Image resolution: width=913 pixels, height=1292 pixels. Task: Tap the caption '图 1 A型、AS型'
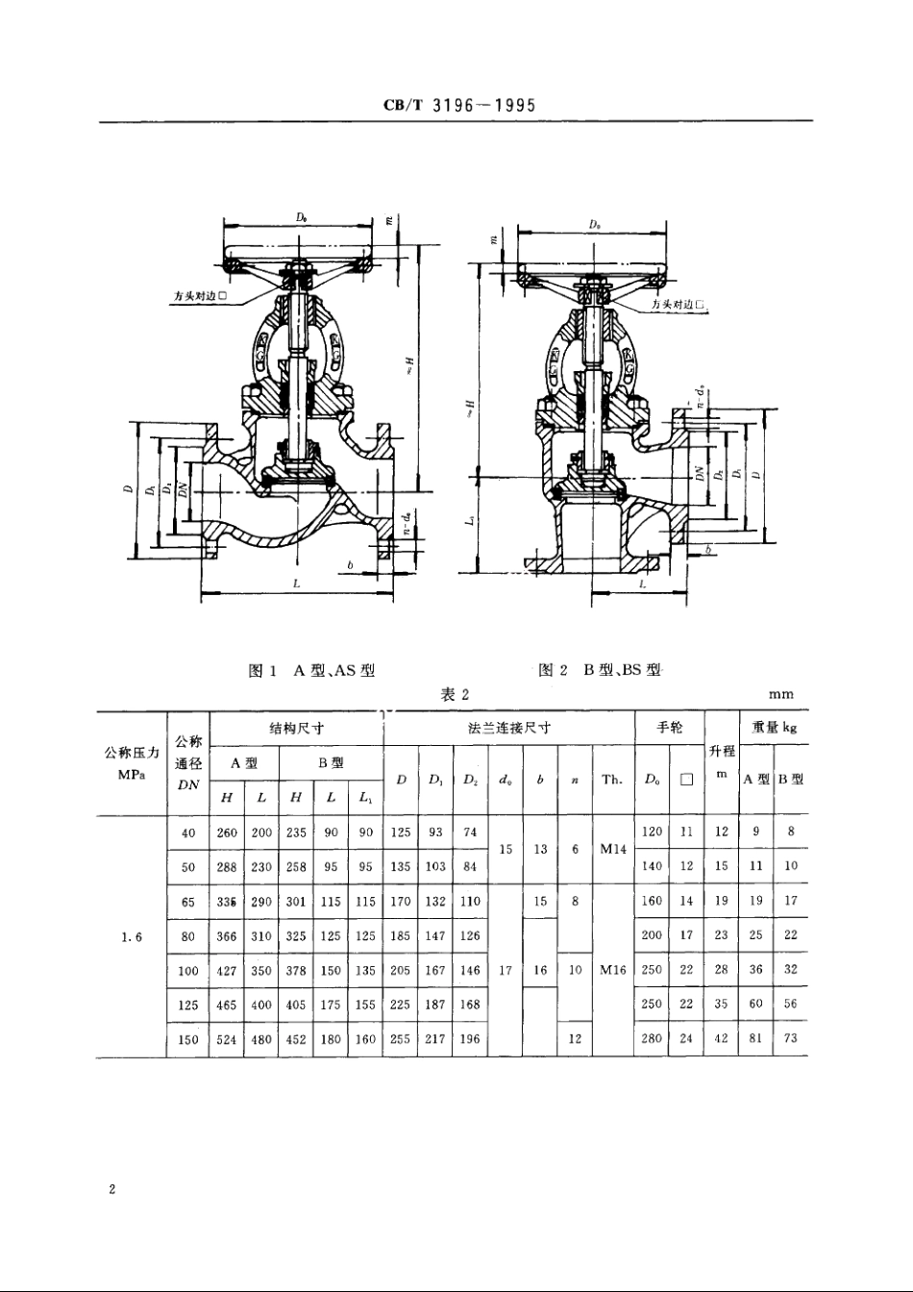click(310, 670)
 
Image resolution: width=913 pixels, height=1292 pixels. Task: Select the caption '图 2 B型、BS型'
click(600, 670)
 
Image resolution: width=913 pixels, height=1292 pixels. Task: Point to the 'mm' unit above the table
click(780, 694)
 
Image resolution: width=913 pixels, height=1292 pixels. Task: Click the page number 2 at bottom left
click(112, 1190)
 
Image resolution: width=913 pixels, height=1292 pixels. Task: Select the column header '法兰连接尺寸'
click(508, 729)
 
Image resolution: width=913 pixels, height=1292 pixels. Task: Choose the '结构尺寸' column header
click(295, 729)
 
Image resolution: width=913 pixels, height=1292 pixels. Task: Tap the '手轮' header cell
click(669, 729)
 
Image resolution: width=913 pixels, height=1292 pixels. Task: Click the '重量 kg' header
click(774, 729)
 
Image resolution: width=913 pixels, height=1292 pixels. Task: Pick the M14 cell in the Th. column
click(612, 850)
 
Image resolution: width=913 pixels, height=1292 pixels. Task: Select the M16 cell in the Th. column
click(612, 971)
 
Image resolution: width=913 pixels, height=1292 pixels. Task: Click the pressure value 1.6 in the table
click(132, 936)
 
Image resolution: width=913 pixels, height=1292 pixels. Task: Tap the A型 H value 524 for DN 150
click(227, 1039)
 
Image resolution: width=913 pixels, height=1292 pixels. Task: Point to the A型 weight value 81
click(755, 1039)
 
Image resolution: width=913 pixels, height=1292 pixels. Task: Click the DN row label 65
click(187, 902)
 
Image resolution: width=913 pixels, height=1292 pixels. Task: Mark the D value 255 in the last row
click(400, 1039)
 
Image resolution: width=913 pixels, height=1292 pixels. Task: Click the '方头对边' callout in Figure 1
click(199, 296)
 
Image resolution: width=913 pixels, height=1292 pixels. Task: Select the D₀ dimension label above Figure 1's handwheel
click(302, 218)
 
